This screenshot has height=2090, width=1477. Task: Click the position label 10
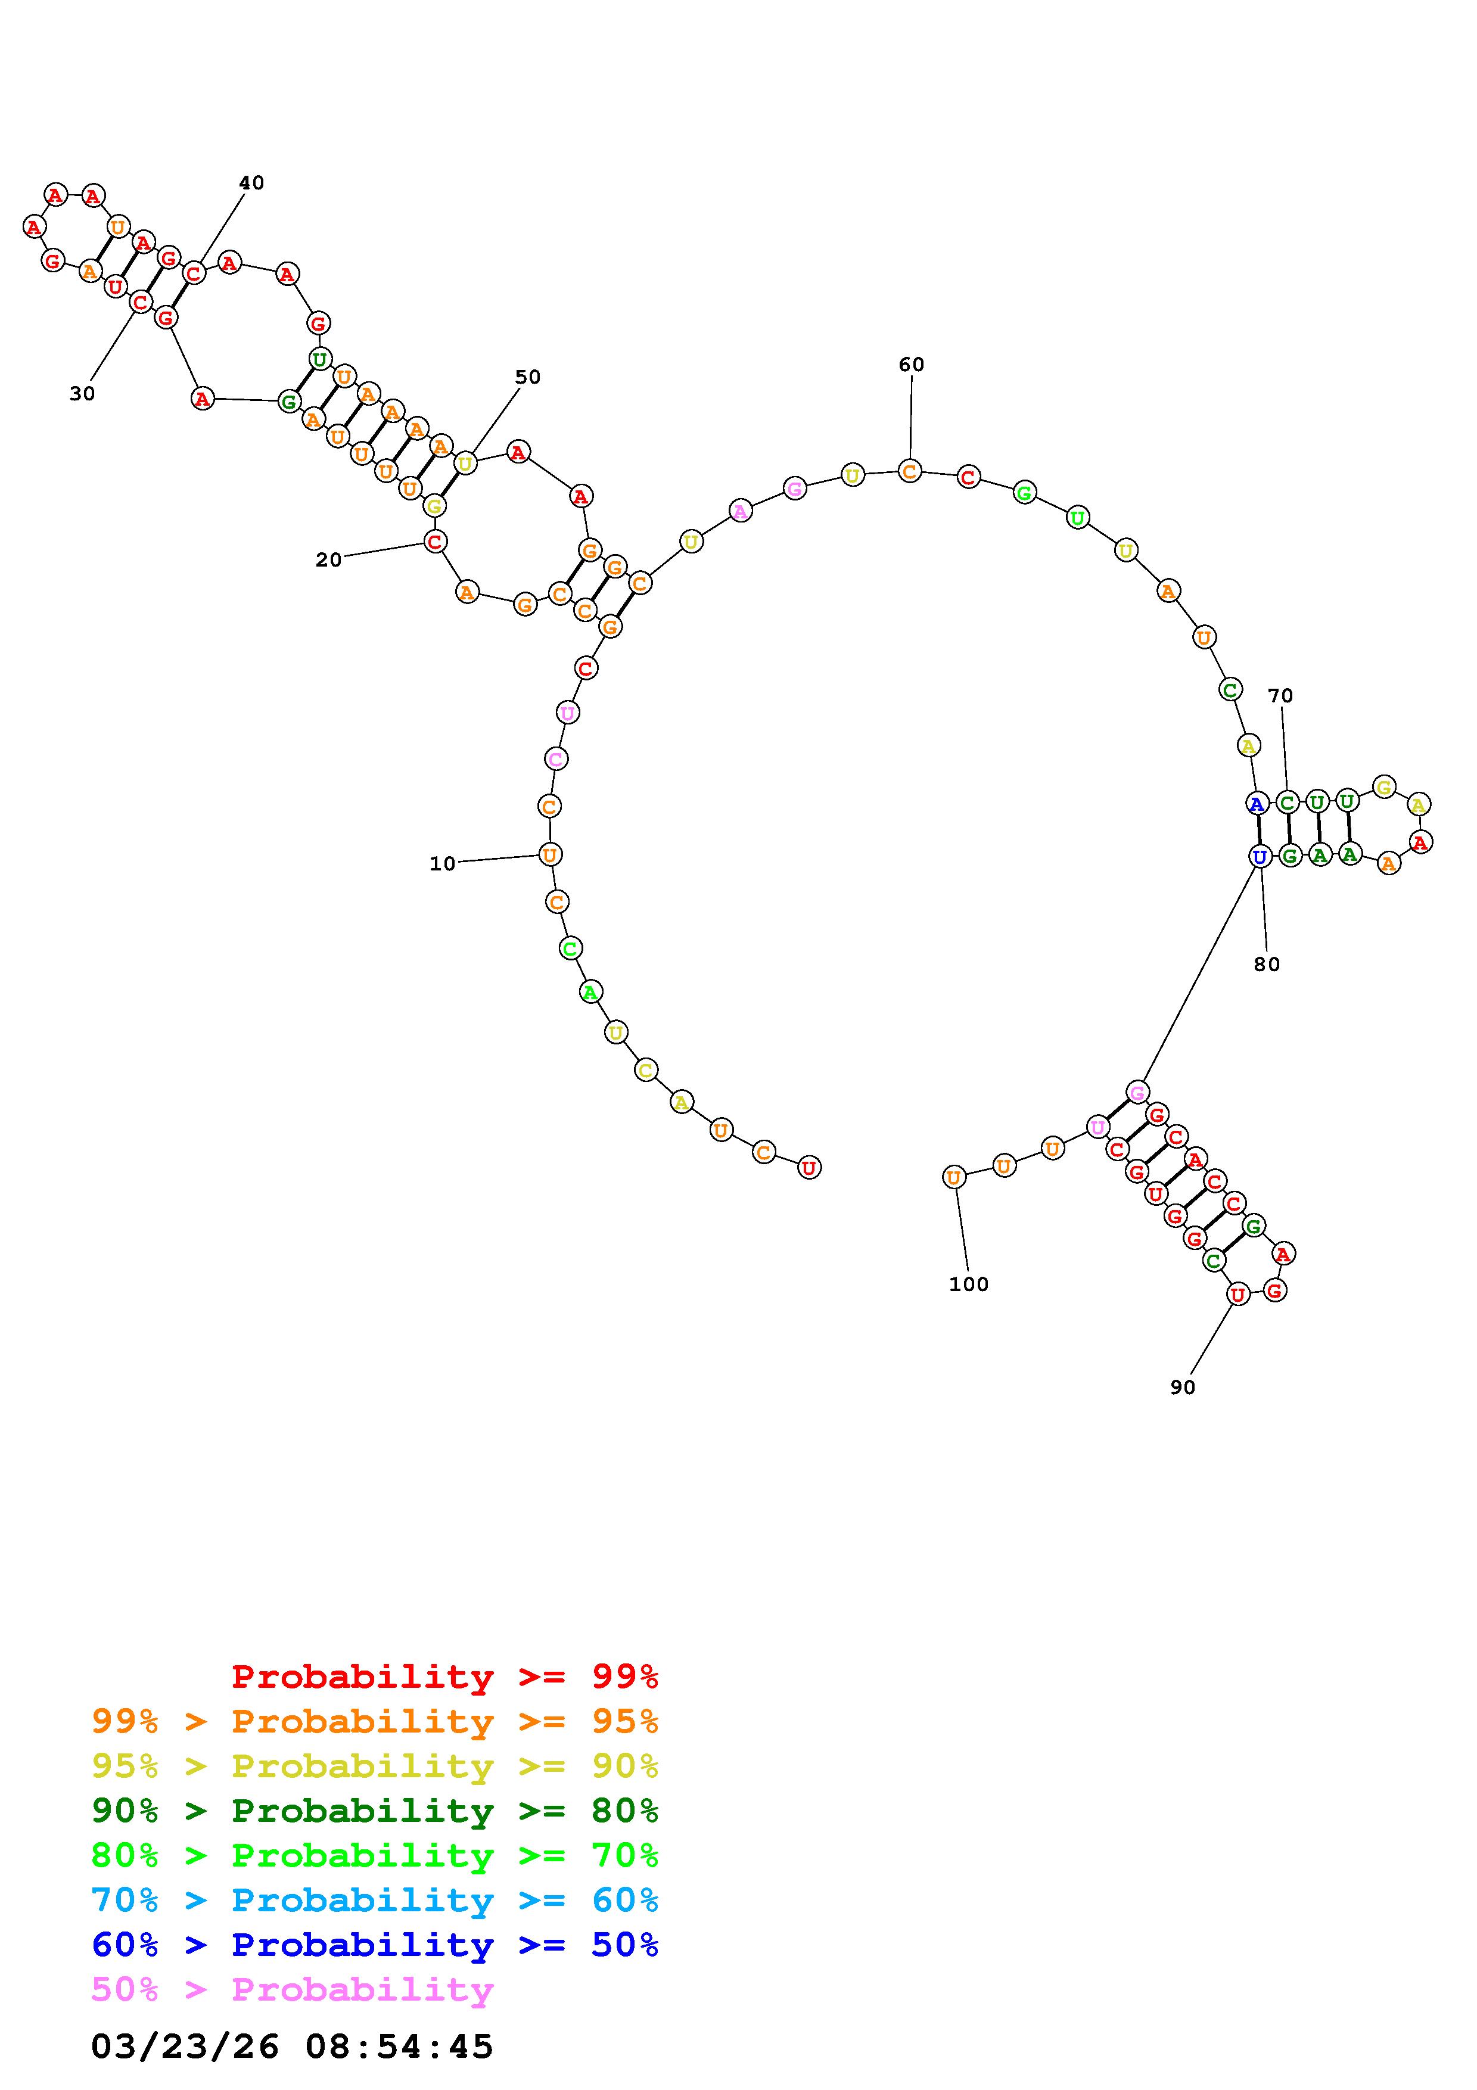point(442,864)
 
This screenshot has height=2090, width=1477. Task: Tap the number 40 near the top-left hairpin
point(251,183)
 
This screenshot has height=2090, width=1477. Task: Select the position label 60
point(911,365)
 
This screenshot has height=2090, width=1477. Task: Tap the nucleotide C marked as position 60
point(909,471)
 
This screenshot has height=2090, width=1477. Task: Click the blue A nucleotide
point(1257,804)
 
